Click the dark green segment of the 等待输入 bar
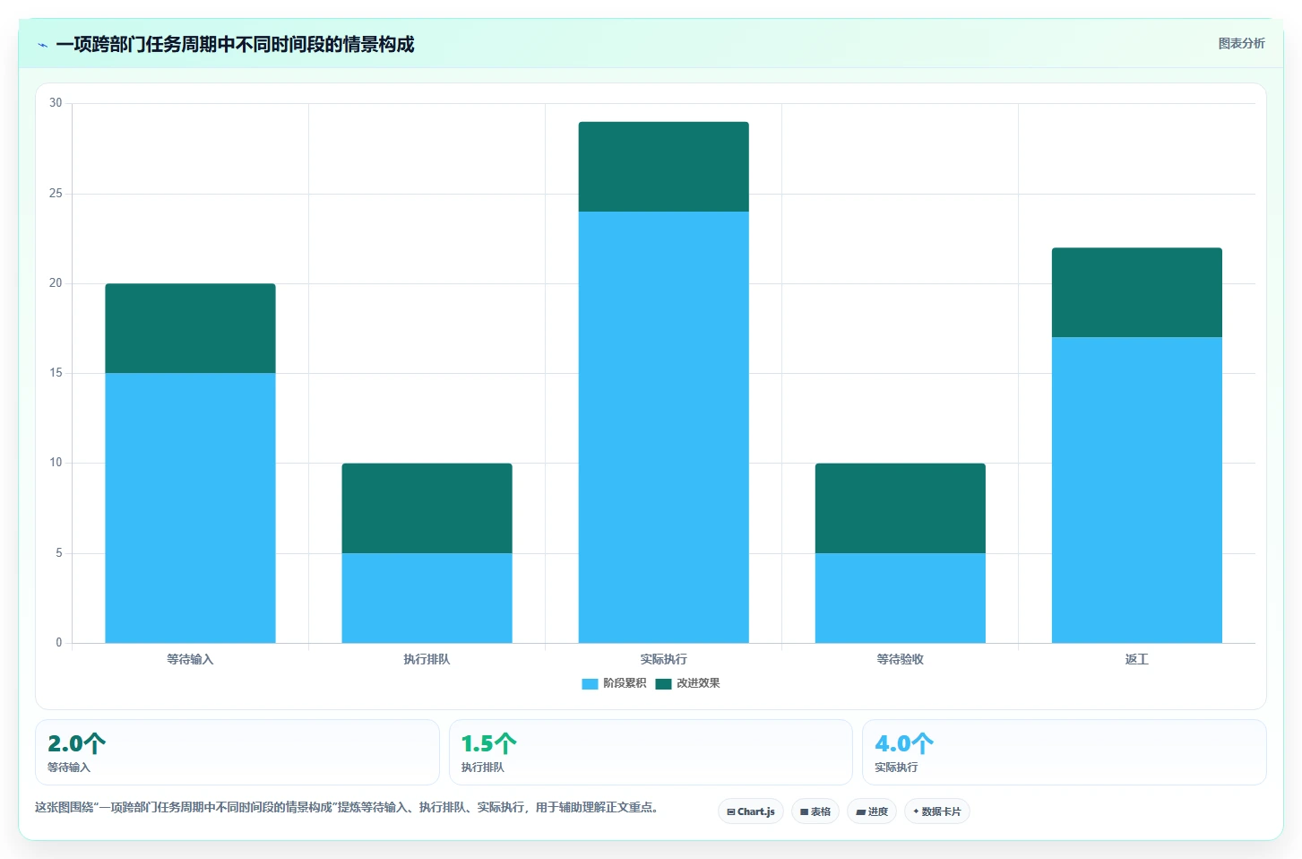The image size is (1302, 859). click(x=190, y=328)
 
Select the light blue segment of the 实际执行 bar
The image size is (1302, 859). click(x=663, y=427)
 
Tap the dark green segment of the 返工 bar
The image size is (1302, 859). click(x=1136, y=292)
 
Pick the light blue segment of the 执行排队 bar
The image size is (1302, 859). click(x=427, y=598)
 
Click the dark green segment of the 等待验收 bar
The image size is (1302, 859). click(x=900, y=508)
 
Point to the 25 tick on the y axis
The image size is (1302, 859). click(x=56, y=193)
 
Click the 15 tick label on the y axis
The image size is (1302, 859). click(x=56, y=373)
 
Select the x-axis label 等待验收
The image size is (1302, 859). click(x=900, y=660)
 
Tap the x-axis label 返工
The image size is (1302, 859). click(x=1136, y=660)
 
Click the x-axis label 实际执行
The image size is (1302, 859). click(x=663, y=660)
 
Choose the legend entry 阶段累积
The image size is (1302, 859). click(x=614, y=683)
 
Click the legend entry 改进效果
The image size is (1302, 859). click(x=687, y=683)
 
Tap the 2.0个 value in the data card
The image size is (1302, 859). click(x=77, y=743)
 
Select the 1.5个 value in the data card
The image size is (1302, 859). click(x=489, y=743)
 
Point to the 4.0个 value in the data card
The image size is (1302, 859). click(x=904, y=743)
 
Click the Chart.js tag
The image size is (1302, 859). click(x=750, y=811)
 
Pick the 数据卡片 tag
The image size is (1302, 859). click(x=936, y=811)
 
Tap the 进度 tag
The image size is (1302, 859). click(x=872, y=811)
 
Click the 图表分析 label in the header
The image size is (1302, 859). click(x=1242, y=44)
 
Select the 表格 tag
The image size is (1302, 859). click(x=815, y=811)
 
